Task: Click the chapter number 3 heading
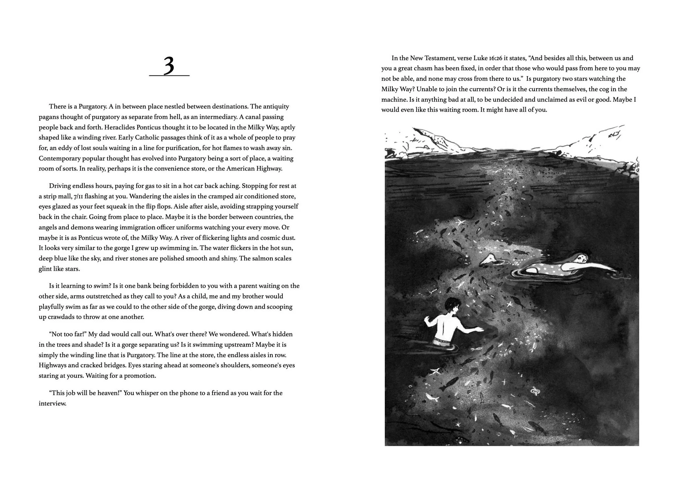(169, 66)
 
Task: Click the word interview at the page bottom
(52, 404)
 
